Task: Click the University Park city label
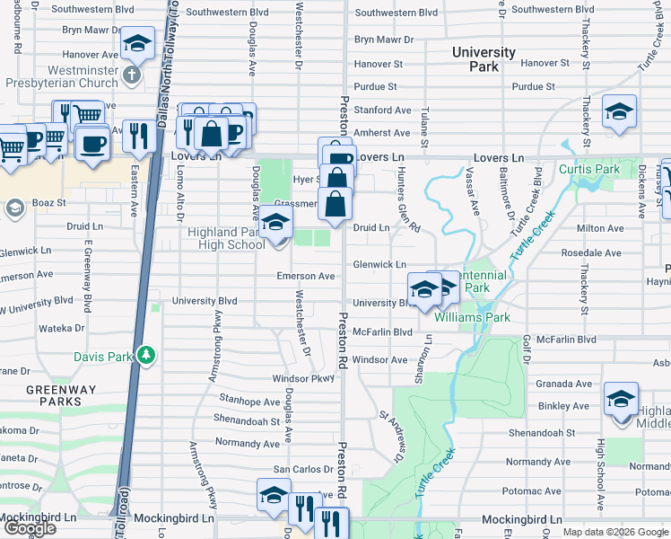[x=484, y=59]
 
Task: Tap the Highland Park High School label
[x=226, y=238]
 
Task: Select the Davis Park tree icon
[x=145, y=357]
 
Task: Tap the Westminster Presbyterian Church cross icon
[x=132, y=74]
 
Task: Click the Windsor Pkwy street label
[x=309, y=378]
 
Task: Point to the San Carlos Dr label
[x=303, y=470]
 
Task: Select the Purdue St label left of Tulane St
[x=376, y=87]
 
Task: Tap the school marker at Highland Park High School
[x=275, y=224]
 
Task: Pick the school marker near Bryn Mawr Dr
[x=137, y=43]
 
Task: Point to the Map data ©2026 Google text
[x=614, y=532]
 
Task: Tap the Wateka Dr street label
[x=61, y=329]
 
